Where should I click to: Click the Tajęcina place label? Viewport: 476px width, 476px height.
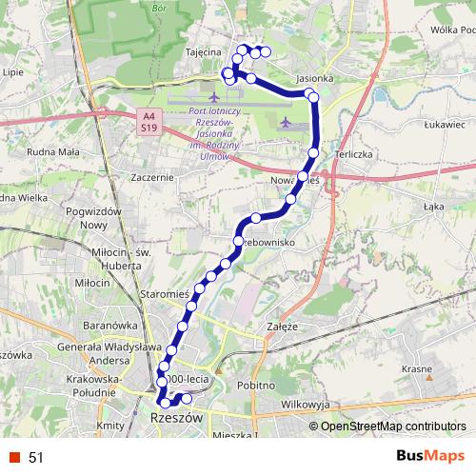pos(203,52)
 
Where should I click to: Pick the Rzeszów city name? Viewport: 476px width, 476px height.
pos(177,417)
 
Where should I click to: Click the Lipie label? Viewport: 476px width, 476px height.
pos(13,71)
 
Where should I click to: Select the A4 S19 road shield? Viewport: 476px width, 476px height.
pos(148,121)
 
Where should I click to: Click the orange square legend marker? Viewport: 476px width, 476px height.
pos(14,457)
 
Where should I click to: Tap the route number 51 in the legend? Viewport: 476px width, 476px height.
pos(36,457)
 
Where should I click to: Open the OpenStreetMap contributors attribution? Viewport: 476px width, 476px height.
pos(392,426)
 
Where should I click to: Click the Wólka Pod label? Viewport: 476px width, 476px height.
pos(452,30)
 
